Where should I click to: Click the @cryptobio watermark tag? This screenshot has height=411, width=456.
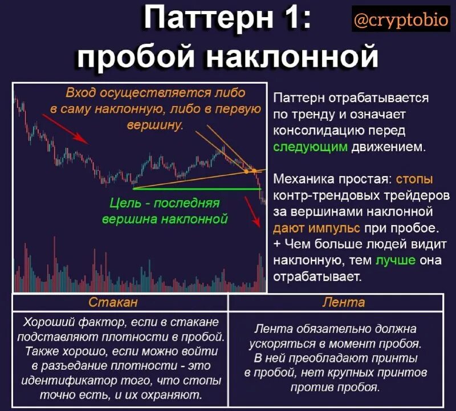[x=401, y=19]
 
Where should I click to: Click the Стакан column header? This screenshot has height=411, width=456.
[x=113, y=302]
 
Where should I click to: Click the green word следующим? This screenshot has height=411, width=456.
[x=310, y=147]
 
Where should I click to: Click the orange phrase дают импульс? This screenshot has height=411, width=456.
[x=317, y=229]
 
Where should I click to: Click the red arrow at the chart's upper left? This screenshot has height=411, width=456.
[x=72, y=132]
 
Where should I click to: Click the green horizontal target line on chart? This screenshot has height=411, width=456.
[x=194, y=188]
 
